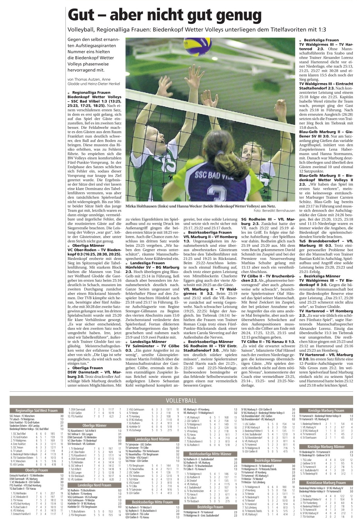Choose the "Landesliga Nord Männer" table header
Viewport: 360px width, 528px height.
click(x=152, y=438)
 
